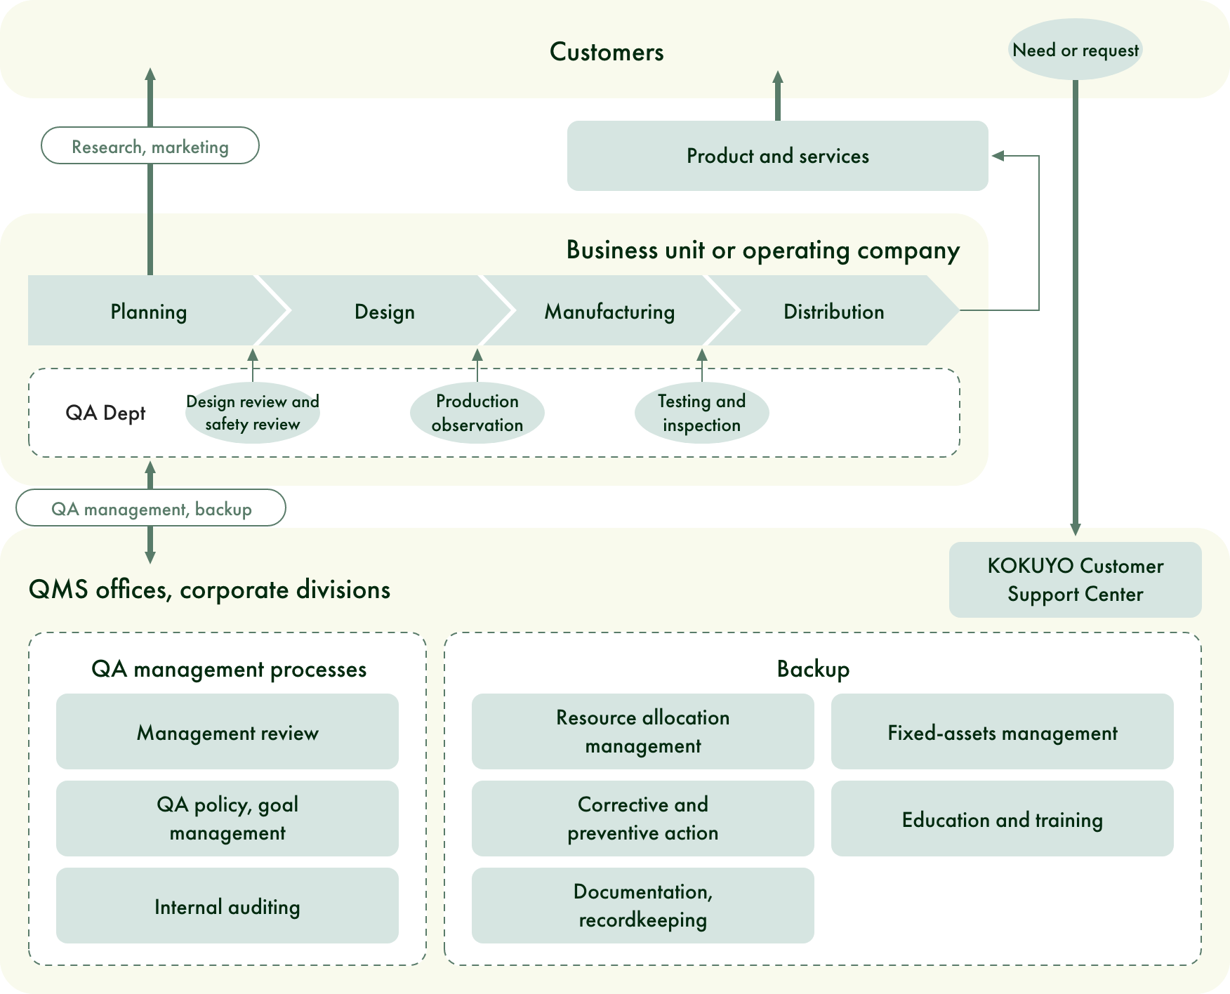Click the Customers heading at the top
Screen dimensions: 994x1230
tap(607, 52)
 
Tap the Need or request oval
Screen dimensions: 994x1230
tap(1075, 50)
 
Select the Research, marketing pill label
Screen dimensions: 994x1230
tap(150, 146)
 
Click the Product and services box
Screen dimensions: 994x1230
tap(777, 156)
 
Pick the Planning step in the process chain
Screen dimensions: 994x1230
tap(148, 311)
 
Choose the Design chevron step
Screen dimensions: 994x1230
tap(385, 311)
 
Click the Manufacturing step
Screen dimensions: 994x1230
tap(609, 311)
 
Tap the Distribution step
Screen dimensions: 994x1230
tap(833, 311)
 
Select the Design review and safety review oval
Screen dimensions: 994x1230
tap(253, 413)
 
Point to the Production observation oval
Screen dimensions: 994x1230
tap(477, 413)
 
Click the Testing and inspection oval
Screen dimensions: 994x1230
tap(701, 413)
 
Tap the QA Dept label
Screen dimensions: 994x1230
tap(105, 413)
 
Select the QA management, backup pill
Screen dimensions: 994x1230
tap(151, 508)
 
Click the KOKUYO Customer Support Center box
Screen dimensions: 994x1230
tap(1075, 580)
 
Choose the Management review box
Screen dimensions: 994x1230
tap(227, 732)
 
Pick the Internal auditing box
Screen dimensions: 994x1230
tap(227, 906)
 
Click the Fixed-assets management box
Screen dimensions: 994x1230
tap(1002, 732)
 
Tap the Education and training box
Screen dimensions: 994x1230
tap(1002, 819)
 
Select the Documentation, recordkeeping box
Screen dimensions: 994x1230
tap(642, 906)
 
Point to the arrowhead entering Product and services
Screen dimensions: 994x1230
tap(997, 156)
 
